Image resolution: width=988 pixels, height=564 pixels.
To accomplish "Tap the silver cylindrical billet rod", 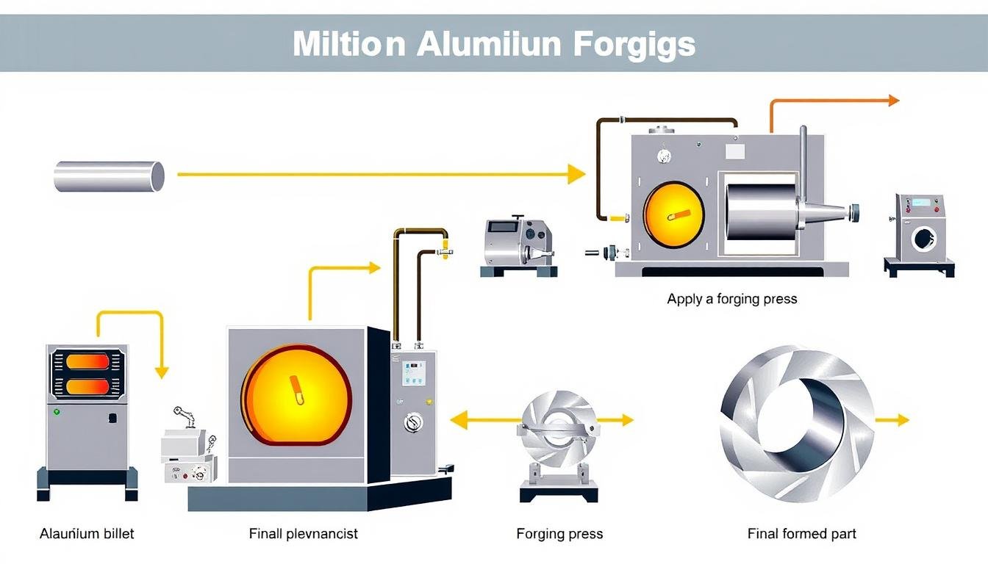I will [x=109, y=176].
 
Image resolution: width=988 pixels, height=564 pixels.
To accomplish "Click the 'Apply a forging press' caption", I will [x=731, y=299].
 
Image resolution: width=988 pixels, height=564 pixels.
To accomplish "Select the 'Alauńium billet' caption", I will [x=87, y=534].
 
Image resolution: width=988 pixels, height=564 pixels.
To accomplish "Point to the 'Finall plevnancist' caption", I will [x=303, y=534].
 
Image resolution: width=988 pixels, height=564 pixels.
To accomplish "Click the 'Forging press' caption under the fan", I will [x=559, y=534].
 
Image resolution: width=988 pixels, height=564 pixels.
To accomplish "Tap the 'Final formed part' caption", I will [x=801, y=534].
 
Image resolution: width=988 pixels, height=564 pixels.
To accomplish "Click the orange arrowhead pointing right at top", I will [x=892, y=101].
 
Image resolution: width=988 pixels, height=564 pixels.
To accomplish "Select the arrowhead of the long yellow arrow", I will [x=577, y=175].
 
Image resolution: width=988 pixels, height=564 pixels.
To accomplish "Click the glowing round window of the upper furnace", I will [x=673, y=214].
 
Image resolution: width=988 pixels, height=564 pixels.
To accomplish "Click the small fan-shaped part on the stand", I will [x=557, y=433].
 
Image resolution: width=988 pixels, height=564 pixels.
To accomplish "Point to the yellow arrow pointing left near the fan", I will [x=462, y=420].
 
